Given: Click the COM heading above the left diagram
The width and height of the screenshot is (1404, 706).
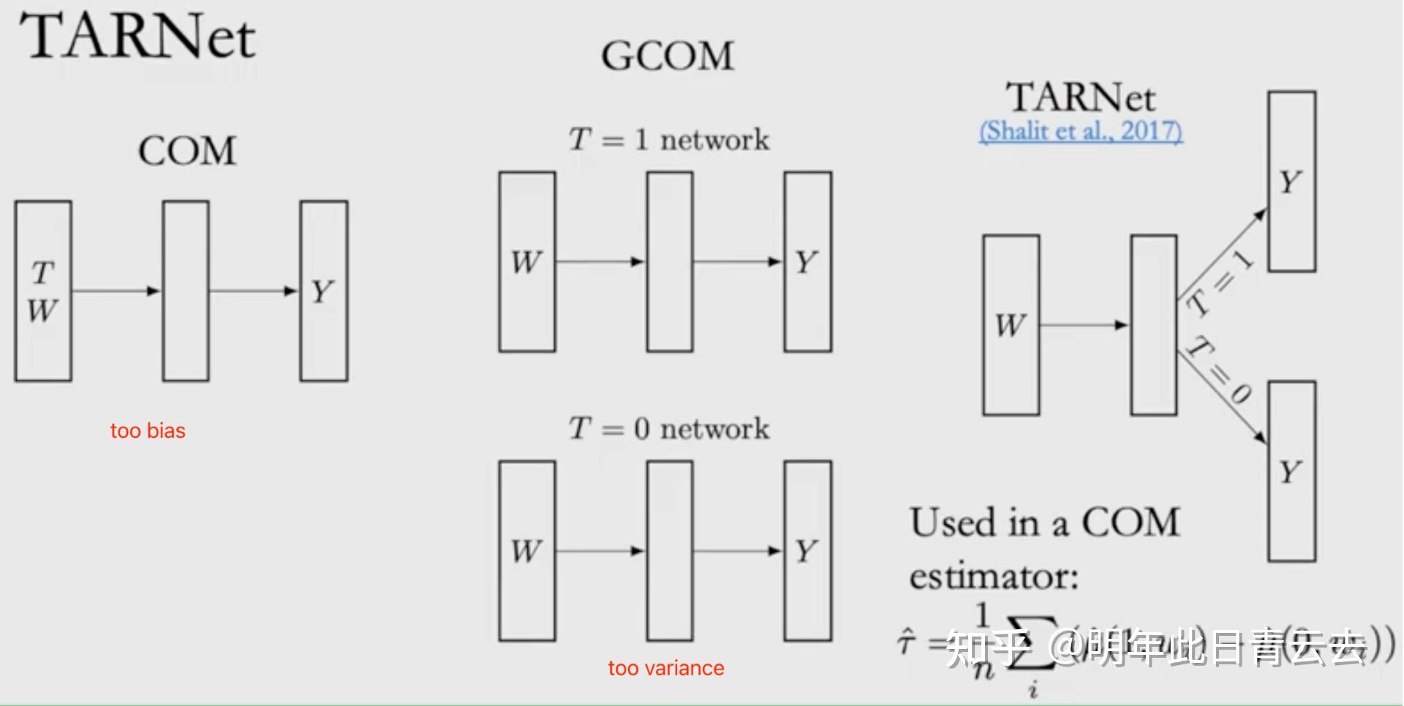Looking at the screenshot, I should (x=187, y=151).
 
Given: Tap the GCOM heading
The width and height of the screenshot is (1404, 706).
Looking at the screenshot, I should (x=667, y=56).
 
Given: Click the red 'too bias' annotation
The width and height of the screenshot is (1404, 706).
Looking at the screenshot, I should (x=148, y=430).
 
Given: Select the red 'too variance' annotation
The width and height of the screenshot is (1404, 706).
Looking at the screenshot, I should (x=665, y=668).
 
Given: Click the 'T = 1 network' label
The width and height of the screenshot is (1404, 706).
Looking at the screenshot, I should (x=669, y=139).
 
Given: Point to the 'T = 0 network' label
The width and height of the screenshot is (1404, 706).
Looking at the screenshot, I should (x=669, y=428).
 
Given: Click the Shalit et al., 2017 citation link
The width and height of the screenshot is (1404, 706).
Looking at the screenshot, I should (x=1080, y=132).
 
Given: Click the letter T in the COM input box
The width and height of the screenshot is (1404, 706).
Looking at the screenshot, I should (x=42, y=273).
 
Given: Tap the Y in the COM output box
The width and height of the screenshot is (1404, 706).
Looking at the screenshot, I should (x=322, y=292).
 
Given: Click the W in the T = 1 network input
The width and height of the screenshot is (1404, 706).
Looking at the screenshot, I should (x=526, y=262).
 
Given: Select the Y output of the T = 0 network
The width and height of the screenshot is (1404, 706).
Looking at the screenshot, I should (x=807, y=551).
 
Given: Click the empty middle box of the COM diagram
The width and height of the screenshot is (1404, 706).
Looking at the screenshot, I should (x=186, y=291).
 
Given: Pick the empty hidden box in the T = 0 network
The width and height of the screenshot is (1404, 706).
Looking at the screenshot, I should (x=669, y=551).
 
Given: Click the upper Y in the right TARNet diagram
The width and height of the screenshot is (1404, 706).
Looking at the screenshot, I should (x=1291, y=181).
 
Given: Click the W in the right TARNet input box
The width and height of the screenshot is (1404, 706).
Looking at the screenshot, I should (x=1011, y=325).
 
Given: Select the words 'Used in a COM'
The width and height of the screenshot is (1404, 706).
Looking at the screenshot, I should (x=1044, y=523).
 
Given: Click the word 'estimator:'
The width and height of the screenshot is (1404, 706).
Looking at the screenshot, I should (x=993, y=577).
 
